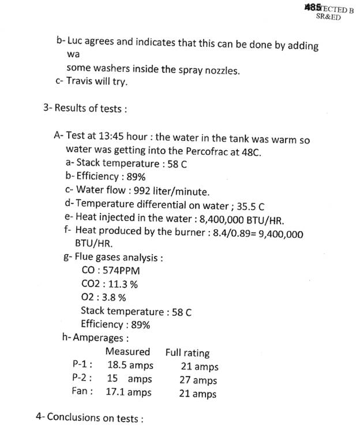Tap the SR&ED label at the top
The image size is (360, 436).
(x=328, y=17)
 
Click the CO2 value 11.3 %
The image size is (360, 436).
(x=122, y=284)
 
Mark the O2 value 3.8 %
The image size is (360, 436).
(x=112, y=297)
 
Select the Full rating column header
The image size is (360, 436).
(x=187, y=352)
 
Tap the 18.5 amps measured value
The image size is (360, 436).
(x=130, y=365)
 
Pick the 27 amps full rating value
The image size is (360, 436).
(x=199, y=380)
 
